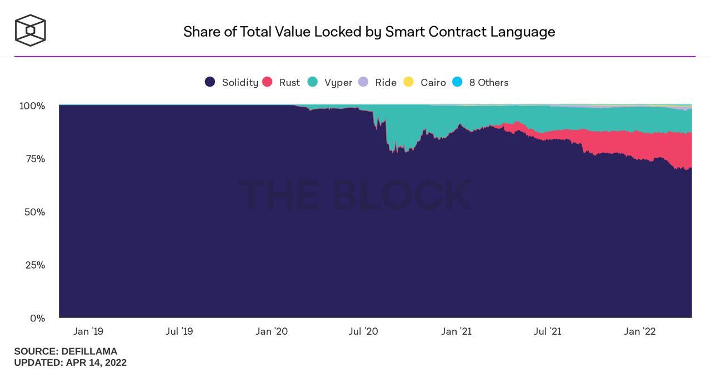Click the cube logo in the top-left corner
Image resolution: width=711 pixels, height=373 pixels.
30,30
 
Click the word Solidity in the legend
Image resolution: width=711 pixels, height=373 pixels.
240,83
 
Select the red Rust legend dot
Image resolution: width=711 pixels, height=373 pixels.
267,82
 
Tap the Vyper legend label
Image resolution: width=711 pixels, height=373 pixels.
338,83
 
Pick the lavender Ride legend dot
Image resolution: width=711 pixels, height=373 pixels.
363,82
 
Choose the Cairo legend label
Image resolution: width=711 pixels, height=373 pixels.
433,83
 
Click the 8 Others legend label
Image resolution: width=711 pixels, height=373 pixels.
489,83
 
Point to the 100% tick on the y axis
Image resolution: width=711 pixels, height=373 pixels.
32,105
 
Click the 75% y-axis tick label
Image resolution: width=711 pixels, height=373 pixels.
34,159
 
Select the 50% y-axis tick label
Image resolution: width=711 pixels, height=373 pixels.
34,212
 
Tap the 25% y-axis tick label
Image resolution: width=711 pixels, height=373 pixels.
34,265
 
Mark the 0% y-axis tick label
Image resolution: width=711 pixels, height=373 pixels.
37,319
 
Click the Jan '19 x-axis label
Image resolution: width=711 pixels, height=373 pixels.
88,331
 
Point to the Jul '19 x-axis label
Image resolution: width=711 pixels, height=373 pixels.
179,331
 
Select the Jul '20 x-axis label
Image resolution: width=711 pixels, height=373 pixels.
363,331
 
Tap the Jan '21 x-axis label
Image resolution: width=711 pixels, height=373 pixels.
457,331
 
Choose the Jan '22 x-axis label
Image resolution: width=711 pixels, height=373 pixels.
640,331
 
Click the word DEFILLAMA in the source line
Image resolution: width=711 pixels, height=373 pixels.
89,351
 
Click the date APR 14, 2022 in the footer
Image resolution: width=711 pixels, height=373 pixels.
96,362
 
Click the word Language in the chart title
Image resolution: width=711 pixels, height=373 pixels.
522,32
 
